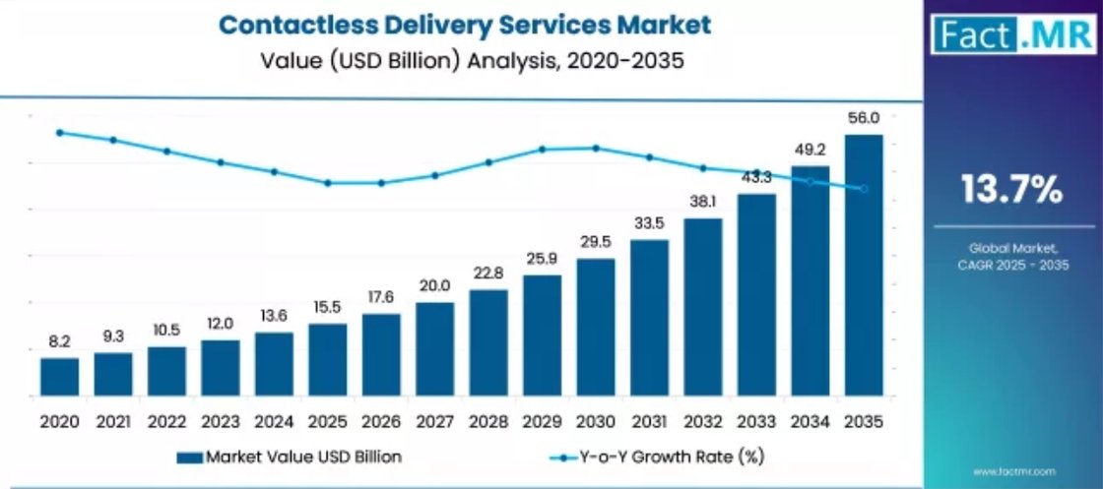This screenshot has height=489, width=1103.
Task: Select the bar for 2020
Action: click(59, 378)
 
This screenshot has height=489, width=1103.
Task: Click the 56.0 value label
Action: click(864, 118)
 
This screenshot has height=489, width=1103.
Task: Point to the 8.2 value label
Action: click(59, 341)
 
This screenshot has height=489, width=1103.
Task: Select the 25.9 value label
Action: click(542, 258)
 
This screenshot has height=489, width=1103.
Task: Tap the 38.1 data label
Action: click(703, 202)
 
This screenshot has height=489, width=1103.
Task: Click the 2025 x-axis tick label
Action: click(327, 422)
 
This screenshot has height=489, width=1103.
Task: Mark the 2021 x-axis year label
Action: click(112, 422)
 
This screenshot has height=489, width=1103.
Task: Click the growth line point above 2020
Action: click(59, 132)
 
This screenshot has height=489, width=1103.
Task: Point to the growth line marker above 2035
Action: click(864, 189)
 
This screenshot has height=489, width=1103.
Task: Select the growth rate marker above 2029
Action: click(542, 150)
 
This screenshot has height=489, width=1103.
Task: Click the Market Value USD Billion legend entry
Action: click(290, 457)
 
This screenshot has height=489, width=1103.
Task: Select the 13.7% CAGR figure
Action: click(1012, 189)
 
